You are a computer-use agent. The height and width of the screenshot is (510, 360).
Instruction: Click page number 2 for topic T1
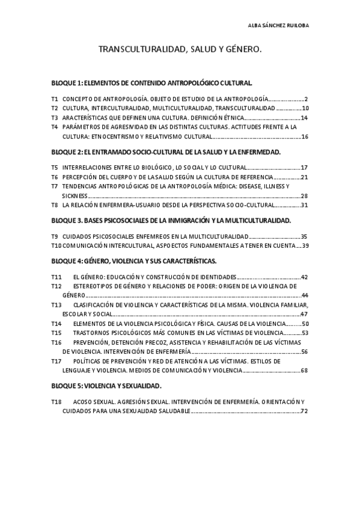[306, 99]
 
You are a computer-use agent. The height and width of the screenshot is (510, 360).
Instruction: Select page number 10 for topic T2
[305, 108]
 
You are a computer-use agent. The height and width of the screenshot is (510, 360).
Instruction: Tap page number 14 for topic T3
[305, 118]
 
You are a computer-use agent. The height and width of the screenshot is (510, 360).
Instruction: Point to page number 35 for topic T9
[305, 236]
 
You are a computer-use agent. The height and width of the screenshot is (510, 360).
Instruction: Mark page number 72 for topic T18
[305, 411]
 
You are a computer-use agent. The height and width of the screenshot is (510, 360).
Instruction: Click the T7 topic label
[55, 186]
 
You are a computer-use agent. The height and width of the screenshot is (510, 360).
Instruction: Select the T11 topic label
[56, 277]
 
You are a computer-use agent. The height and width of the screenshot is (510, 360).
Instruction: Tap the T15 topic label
[56, 333]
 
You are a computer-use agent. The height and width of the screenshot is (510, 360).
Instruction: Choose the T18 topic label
[56, 402]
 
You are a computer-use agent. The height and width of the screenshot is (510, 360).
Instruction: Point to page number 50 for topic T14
[305, 324]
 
